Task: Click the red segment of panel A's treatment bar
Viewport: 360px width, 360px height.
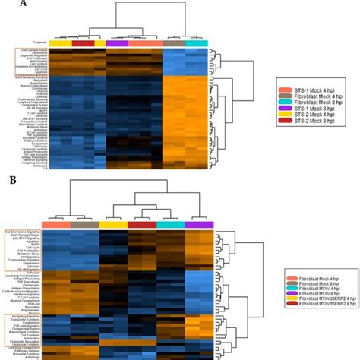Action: [83, 43]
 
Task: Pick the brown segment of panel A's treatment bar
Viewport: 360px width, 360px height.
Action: [174, 43]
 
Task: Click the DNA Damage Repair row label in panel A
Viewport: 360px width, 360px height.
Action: [30, 52]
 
